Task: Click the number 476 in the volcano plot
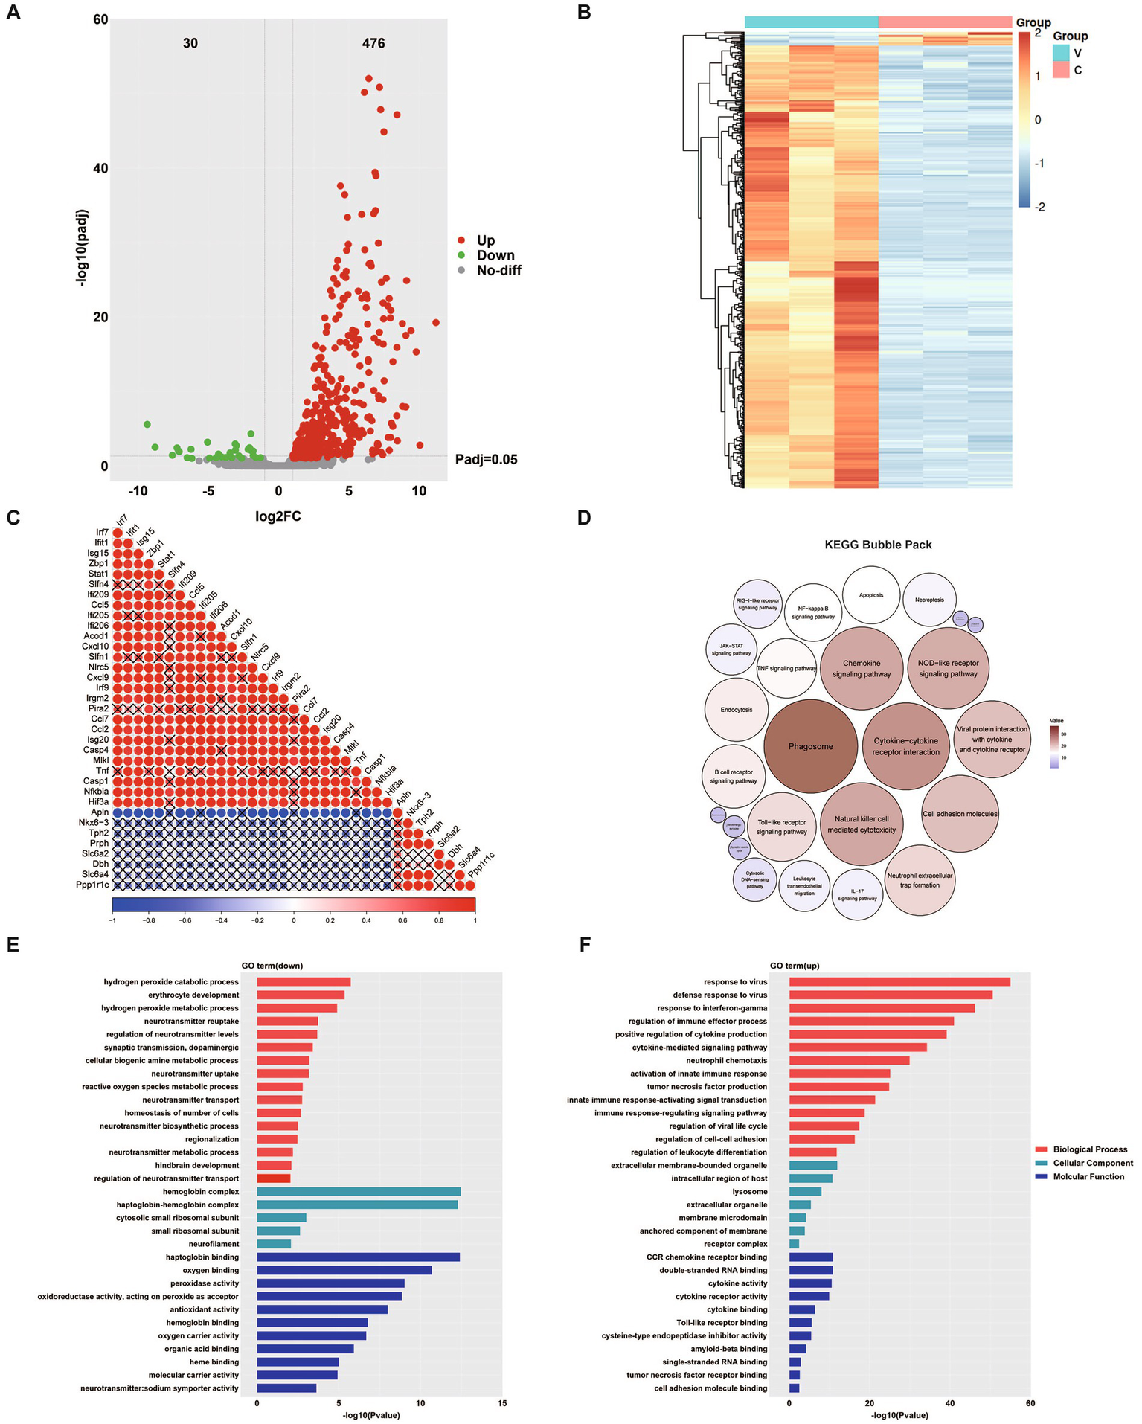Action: coord(373,43)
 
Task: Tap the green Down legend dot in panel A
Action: coord(461,255)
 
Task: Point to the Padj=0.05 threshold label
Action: coord(486,460)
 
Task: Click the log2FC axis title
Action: coord(278,516)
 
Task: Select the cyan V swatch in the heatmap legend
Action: coord(1061,53)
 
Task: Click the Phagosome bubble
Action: coord(810,745)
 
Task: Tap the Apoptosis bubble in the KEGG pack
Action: coord(871,595)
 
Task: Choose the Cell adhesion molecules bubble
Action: coord(960,814)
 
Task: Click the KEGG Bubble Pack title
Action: coord(878,545)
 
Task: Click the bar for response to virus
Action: coord(899,981)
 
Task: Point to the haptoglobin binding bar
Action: coord(358,1257)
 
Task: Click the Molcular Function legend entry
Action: coord(1088,1176)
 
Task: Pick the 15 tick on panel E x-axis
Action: coord(502,1403)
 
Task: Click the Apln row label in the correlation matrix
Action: coord(100,812)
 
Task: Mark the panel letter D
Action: coord(584,517)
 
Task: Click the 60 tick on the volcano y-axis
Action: coord(100,19)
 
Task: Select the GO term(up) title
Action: coord(795,966)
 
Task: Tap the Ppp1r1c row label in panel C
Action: coord(92,885)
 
